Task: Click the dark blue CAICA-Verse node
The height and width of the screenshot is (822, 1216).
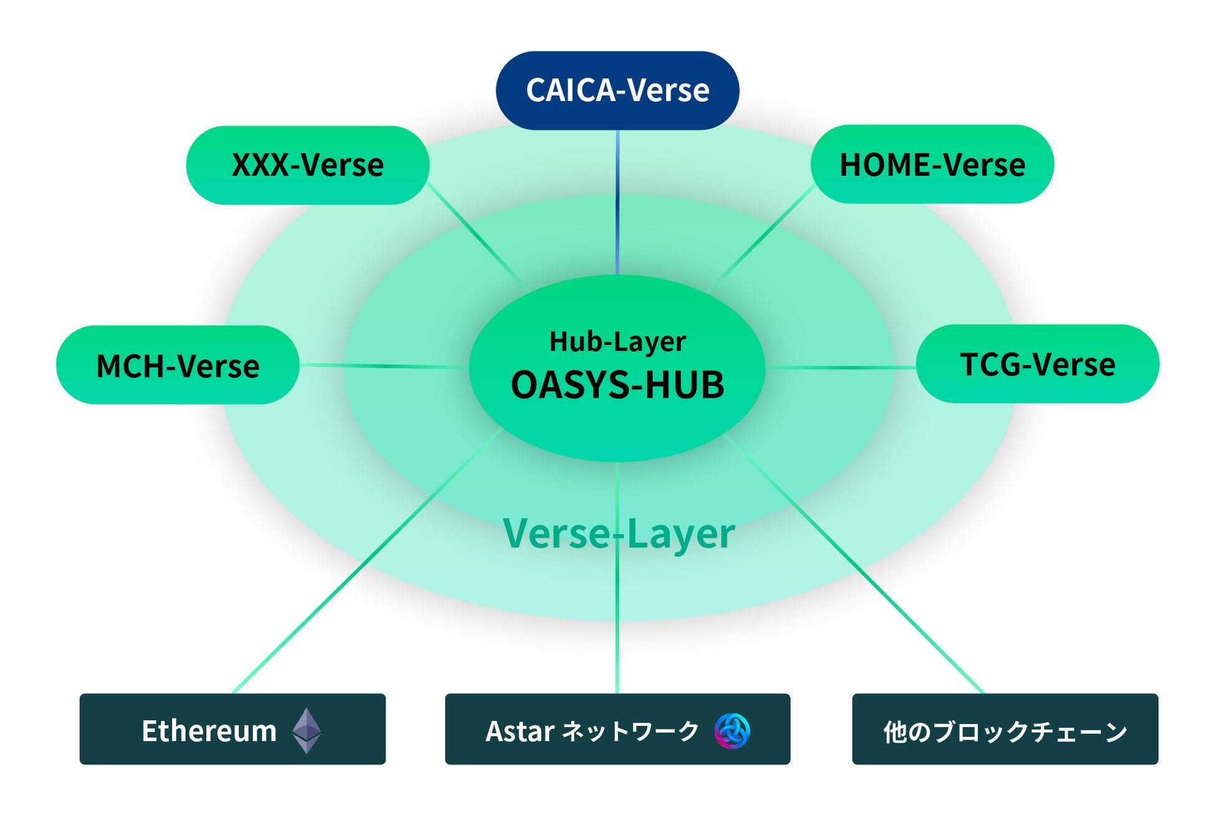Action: [x=617, y=90]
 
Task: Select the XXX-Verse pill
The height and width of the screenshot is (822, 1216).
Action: [x=307, y=165]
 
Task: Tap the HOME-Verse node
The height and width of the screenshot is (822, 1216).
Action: [x=932, y=165]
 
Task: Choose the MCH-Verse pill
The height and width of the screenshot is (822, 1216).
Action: [x=178, y=365]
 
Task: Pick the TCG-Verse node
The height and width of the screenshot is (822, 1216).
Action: [x=1037, y=364]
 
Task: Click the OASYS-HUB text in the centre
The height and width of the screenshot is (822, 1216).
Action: [x=617, y=385]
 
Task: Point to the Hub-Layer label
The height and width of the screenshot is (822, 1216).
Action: [x=617, y=342]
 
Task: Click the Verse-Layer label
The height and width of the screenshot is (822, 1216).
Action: [x=619, y=534]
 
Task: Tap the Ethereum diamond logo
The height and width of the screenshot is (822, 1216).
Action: [x=307, y=730]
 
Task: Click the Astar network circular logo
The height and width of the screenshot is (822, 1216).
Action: [x=732, y=730]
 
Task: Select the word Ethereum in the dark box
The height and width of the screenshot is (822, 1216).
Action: [x=209, y=731]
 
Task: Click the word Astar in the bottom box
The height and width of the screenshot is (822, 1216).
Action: [x=519, y=731]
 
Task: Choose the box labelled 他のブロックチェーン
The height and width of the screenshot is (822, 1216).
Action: [x=1005, y=729]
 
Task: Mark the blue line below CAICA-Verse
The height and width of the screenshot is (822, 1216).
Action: [x=617, y=200]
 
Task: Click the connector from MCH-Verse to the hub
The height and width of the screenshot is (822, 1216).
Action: [x=384, y=366]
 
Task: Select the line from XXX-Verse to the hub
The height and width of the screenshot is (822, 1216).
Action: [x=477, y=236]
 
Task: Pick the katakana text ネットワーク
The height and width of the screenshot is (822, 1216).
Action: [x=630, y=731]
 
